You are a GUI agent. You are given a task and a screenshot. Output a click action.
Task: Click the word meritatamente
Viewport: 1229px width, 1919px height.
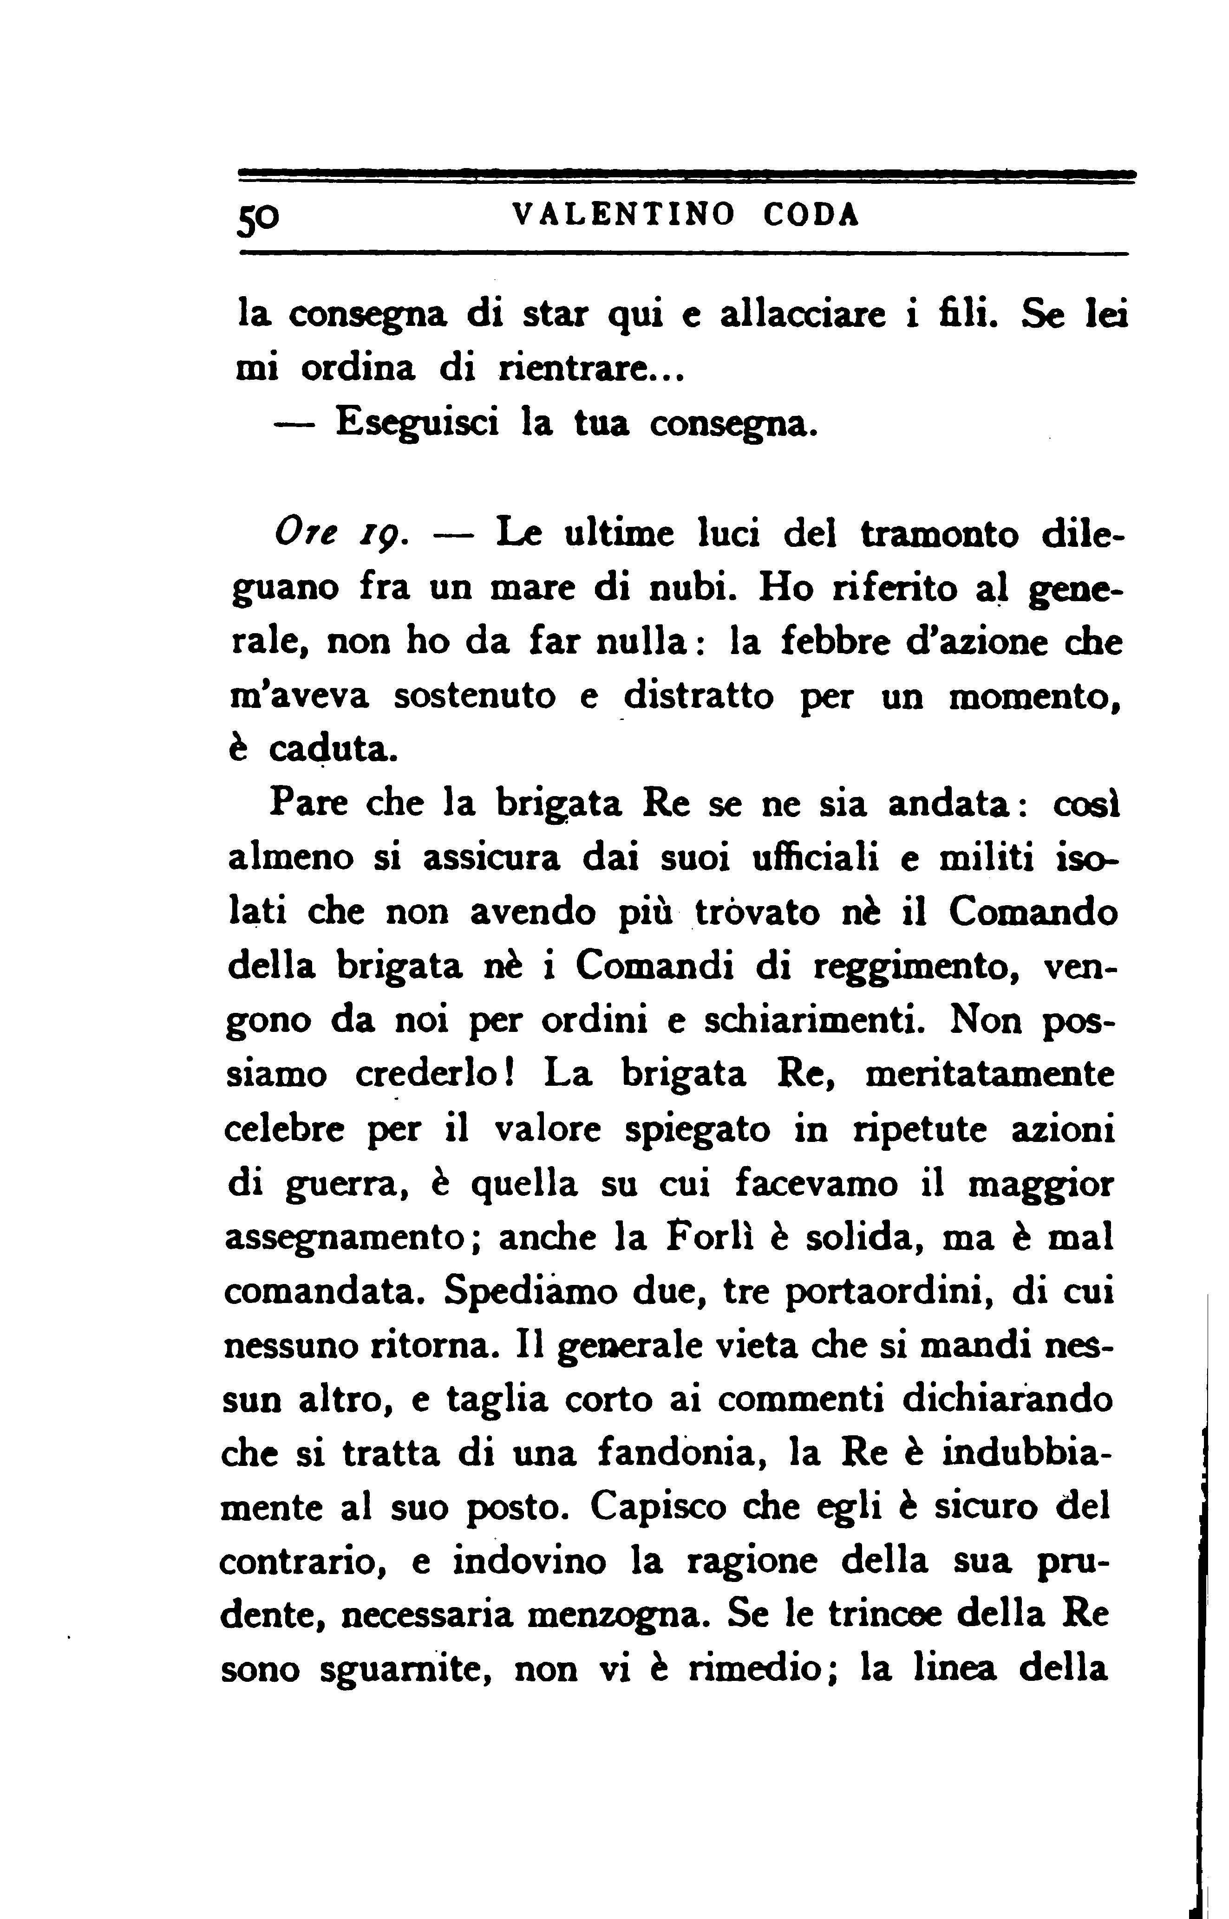tap(990, 1074)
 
